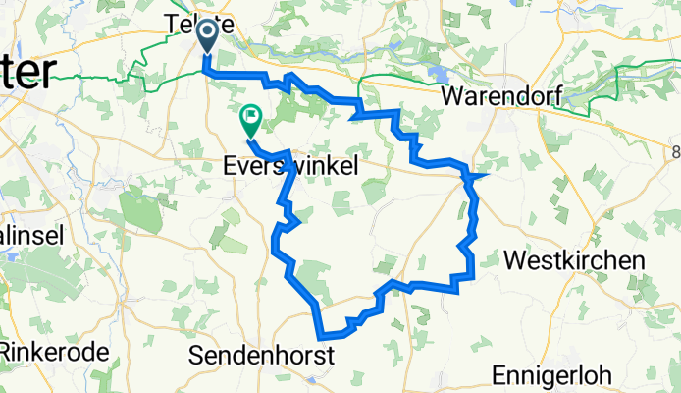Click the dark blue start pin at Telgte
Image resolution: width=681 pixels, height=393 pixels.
(x=209, y=36)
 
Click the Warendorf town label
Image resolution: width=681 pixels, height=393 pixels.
(x=500, y=97)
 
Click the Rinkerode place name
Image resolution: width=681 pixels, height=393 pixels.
(x=46, y=349)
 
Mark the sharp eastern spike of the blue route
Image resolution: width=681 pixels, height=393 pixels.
(x=487, y=176)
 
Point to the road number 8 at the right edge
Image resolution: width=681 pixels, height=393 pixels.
(x=675, y=149)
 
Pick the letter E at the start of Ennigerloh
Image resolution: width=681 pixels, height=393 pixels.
(x=498, y=376)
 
